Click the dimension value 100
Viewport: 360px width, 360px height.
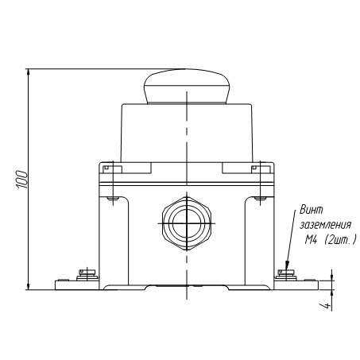(22, 180)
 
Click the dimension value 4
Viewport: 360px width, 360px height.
(327, 306)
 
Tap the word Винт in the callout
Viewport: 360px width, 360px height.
(312, 210)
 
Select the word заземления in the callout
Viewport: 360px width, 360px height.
(326, 225)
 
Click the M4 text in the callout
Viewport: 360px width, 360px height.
(311, 240)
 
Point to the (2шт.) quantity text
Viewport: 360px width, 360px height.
(340, 240)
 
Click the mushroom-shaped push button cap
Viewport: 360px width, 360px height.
(187, 87)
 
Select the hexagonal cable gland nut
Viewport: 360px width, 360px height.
(187, 223)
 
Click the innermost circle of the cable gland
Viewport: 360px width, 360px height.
(187, 223)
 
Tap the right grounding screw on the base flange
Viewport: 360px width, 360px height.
(286, 275)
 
